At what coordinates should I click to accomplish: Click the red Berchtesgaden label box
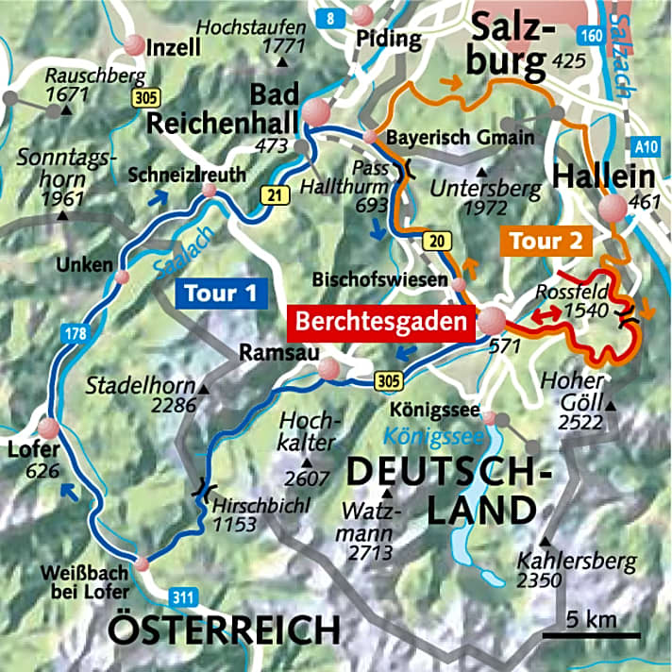382,321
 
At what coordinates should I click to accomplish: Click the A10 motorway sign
647,146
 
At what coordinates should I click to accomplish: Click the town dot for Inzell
135,45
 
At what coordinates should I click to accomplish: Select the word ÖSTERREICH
225,629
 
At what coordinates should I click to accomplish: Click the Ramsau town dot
327,370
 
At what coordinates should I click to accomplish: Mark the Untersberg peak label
485,189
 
